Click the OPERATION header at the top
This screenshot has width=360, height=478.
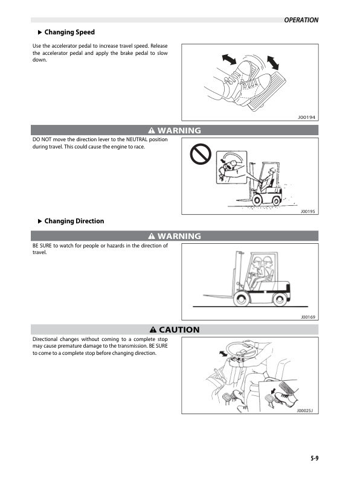pyautogui.click(x=301, y=20)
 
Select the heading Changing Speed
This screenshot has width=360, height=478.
pyautogui.click(x=69, y=32)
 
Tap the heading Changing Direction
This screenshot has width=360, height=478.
pyautogui.click(x=74, y=221)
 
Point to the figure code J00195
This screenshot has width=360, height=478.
pyautogui.click(x=308, y=212)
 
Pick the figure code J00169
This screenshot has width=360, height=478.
pyautogui.click(x=308, y=316)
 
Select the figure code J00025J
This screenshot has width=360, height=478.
pyautogui.click(x=307, y=410)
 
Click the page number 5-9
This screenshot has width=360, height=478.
pyautogui.click(x=311, y=458)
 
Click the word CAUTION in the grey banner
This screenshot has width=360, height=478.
pyautogui.click(x=179, y=330)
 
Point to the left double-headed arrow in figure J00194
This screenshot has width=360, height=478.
pyautogui.click(x=230, y=59)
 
